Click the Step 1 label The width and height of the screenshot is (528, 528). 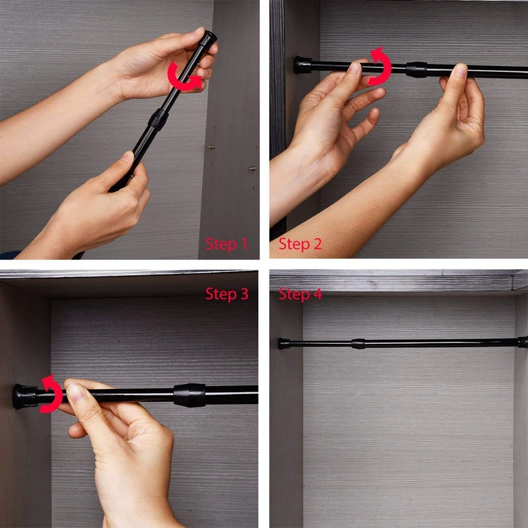226,244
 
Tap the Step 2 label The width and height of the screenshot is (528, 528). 300,244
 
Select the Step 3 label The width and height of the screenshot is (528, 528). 226,294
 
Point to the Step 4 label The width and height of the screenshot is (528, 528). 300,294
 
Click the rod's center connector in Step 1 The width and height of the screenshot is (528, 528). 158,119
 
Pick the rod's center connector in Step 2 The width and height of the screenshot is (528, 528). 416,70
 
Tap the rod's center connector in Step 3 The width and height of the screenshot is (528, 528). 189,395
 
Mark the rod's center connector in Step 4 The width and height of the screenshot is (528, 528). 358,343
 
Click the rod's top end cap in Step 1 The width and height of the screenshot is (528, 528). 208,38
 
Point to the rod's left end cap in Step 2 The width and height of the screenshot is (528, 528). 303,65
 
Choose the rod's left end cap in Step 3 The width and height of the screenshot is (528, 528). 26,397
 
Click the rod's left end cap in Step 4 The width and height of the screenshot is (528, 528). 284,343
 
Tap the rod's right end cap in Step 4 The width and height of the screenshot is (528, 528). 523,342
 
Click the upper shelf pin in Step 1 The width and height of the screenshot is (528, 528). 211,147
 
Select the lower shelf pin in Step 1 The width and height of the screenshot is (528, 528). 252,168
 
